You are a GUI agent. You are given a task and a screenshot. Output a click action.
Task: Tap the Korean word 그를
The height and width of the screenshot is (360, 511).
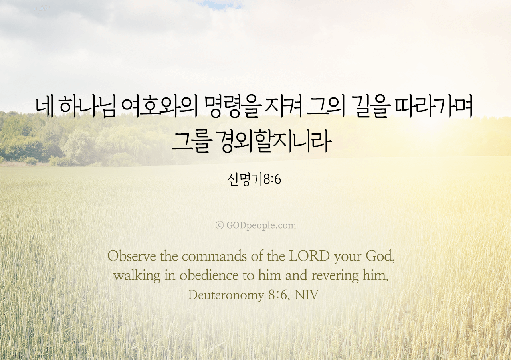[190, 142]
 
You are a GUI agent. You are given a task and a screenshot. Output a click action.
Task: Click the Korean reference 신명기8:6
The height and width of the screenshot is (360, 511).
[254, 180]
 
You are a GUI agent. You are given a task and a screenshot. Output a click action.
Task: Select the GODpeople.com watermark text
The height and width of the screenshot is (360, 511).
[261, 225]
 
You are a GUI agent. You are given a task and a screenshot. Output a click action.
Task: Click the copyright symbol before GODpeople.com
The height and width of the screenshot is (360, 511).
[219, 225]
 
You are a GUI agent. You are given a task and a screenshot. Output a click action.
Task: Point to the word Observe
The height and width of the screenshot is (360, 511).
[132, 256]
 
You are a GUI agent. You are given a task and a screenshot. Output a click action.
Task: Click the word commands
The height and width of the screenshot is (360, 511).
[214, 256]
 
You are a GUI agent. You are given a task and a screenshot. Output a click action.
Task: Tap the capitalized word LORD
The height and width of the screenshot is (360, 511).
[309, 256]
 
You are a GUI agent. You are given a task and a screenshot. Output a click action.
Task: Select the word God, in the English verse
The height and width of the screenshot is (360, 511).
[380, 257]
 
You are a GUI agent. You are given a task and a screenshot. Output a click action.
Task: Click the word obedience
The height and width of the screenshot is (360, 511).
[209, 275]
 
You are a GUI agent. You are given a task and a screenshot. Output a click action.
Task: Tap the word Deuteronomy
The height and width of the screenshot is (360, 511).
[226, 295]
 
